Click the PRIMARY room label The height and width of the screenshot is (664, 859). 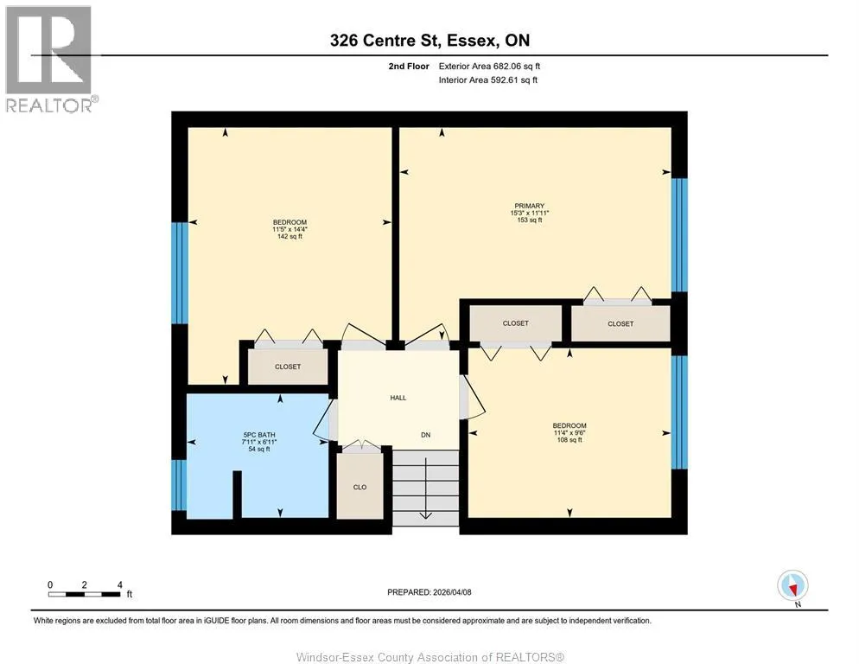(x=529, y=206)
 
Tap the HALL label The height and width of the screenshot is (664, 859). (x=398, y=398)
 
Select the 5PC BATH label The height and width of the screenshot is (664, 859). (x=259, y=435)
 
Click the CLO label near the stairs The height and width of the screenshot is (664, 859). (x=360, y=487)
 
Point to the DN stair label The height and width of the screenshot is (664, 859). (x=426, y=435)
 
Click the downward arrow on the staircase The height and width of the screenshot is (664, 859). (x=426, y=487)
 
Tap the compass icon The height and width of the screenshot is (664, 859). (x=792, y=585)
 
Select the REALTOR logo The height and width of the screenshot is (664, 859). (x=51, y=59)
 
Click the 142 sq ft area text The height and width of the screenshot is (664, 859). (x=290, y=236)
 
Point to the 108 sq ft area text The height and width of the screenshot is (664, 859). (x=569, y=440)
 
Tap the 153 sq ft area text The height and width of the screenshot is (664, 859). (x=530, y=220)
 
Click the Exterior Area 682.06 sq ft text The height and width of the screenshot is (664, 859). (x=489, y=67)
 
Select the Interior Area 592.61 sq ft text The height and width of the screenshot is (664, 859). (x=488, y=80)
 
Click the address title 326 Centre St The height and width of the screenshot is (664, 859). (x=384, y=40)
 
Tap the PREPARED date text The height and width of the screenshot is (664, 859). (x=429, y=592)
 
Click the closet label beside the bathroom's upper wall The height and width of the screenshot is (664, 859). (x=288, y=367)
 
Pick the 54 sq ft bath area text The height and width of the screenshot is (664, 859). (x=259, y=449)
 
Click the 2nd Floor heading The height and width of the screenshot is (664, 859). (x=409, y=67)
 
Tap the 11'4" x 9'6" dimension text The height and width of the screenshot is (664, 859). (x=569, y=432)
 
